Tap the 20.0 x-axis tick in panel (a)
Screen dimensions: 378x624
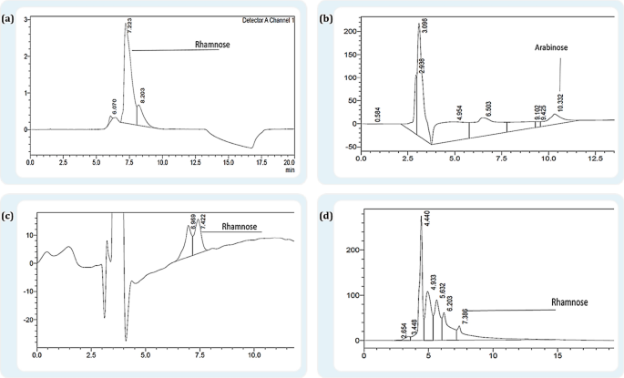(x=289, y=161)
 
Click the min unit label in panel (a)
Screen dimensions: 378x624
(x=289, y=169)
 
